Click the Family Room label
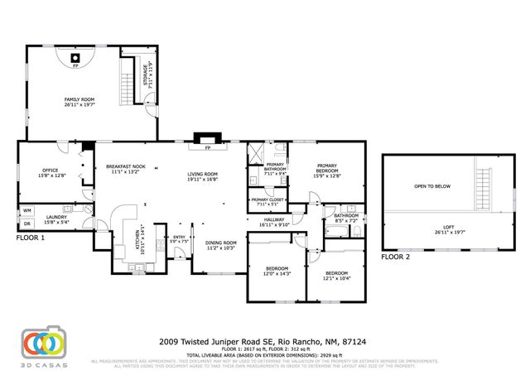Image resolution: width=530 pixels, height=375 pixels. (x=79, y=103)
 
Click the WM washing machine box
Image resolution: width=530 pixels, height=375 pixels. (x=26, y=211)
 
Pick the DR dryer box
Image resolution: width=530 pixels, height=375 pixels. (x=26, y=224)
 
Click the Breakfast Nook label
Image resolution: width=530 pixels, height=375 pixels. (x=127, y=170)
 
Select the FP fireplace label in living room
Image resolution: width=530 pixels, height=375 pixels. (x=209, y=148)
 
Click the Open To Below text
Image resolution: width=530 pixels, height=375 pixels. (x=432, y=186)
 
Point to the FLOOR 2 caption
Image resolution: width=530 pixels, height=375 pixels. (x=395, y=257)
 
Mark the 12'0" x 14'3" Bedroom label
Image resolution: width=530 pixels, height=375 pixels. (x=277, y=271)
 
